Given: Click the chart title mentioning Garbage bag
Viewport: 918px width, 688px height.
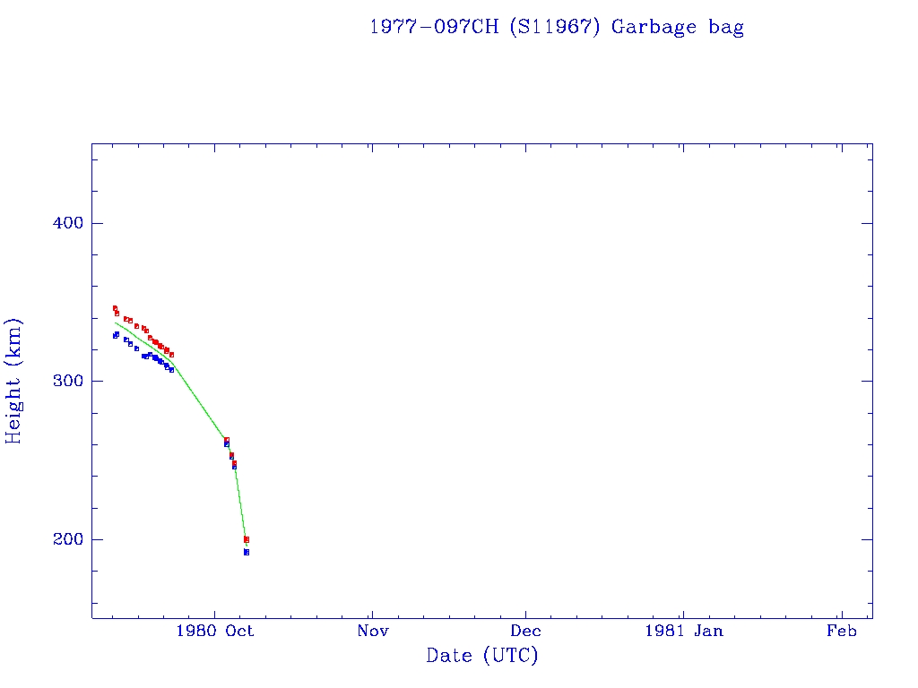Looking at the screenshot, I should tap(557, 27).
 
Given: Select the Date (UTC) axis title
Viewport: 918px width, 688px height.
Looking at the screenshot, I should tap(482, 656).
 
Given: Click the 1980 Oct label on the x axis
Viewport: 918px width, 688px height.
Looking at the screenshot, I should tap(215, 632).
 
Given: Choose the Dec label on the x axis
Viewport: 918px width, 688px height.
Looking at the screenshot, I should tap(526, 632).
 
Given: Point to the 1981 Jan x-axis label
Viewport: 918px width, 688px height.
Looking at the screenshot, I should tap(682, 632).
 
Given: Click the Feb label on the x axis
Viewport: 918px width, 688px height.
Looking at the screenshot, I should tap(841, 632).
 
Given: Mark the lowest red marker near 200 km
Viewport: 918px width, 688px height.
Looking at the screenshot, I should tap(247, 539).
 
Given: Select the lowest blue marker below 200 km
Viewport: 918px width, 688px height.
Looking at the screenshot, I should tap(247, 552).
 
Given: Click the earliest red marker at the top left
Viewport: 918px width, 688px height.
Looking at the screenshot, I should tap(115, 308).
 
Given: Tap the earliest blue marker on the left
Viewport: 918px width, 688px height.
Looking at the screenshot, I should tap(115, 335).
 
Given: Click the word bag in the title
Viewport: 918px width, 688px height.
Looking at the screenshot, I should tap(726, 27).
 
